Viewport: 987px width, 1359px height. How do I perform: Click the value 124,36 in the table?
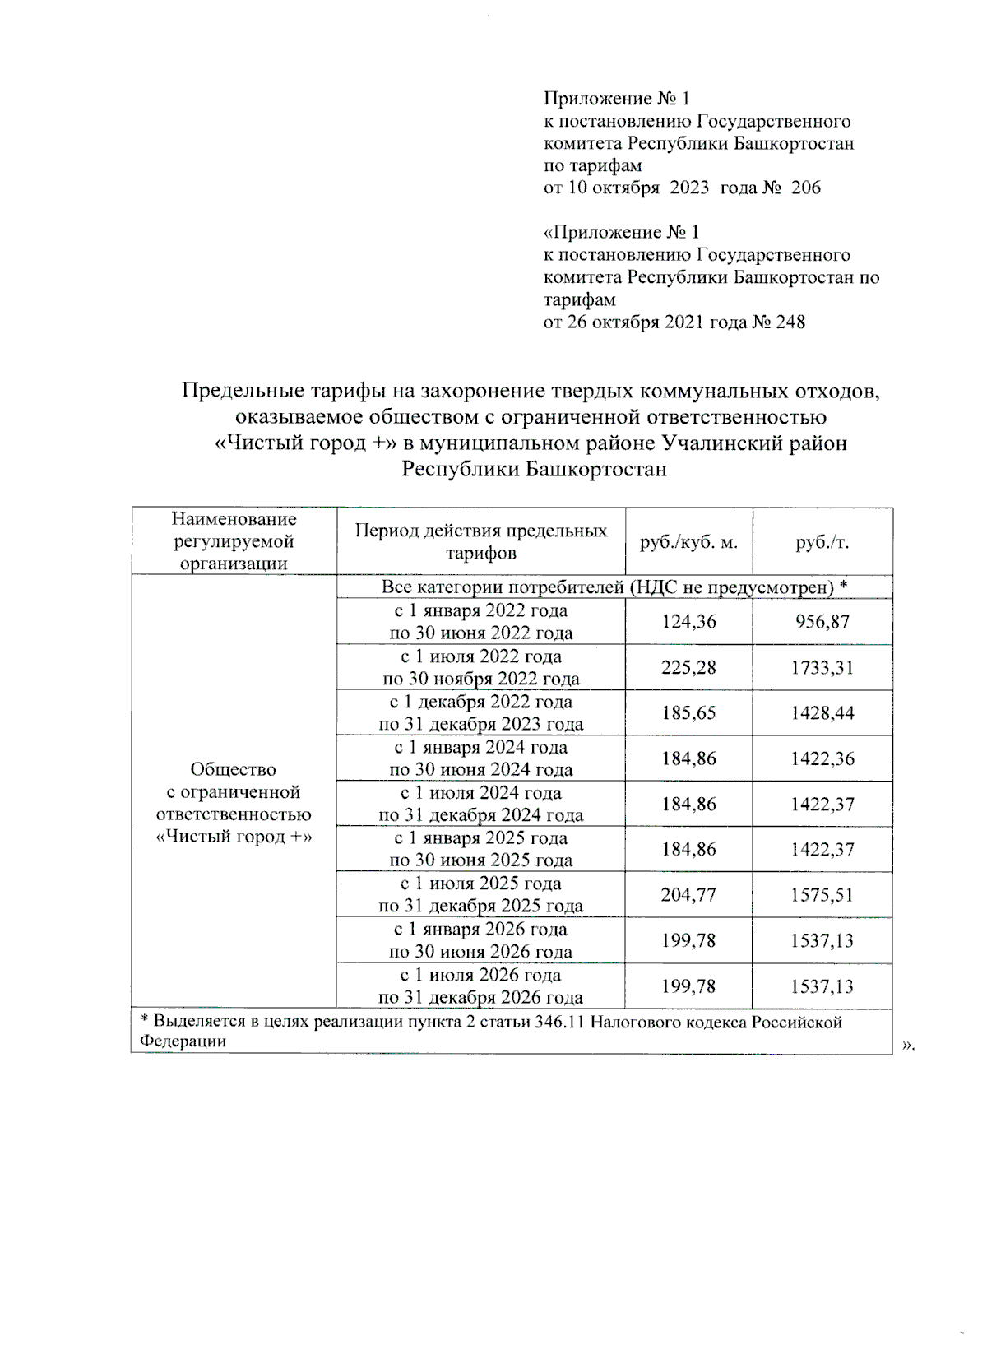(x=688, y=622)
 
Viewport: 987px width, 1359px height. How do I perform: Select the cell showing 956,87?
(x=822, y=622)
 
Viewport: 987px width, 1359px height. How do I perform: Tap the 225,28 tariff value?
(x=688, y=667)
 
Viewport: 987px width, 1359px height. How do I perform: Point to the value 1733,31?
(x=822, y=667)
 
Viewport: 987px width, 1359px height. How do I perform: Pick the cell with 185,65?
(x=688, y=712)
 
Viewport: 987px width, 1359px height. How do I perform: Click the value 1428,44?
(x=822, y=712)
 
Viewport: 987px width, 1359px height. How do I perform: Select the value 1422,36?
(x=822, y=758)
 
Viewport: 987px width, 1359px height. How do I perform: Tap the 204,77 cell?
(x=688, y=894)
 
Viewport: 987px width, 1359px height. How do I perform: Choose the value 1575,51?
(x=822, y=894)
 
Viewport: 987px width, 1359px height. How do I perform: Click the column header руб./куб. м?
(x=688, y=542)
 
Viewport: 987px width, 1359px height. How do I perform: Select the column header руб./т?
(x=822, y=542)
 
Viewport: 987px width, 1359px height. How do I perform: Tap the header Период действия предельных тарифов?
(x=481, y=541)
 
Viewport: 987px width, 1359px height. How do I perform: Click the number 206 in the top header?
(x=805, y=188)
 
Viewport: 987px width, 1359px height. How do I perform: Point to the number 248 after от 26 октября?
(x=790, y=322)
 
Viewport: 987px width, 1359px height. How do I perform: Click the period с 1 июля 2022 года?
(x=481, y=656)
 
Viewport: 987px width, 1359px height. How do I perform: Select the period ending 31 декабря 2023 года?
(x=481, y=725)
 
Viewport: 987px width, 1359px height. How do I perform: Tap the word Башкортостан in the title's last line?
(x=595, y=469)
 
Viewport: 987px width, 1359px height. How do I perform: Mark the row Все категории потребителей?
(x=614, y=587)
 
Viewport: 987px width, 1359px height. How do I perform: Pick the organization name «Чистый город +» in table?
(x=234, y=837)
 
